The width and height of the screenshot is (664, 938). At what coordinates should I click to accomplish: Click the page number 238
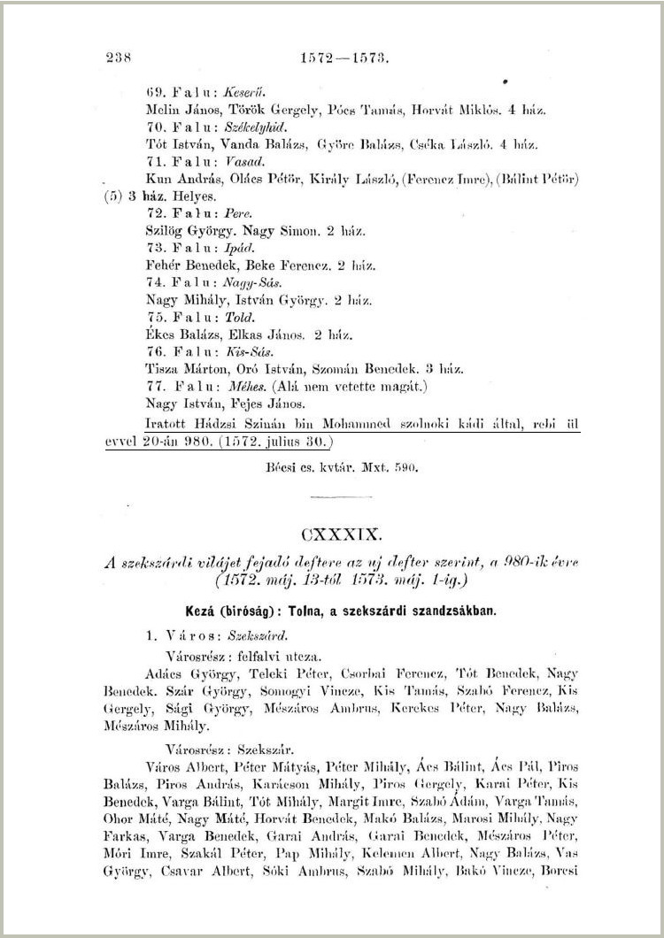coord(118,58)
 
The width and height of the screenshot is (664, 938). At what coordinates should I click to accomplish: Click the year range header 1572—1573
coord(346,58)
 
